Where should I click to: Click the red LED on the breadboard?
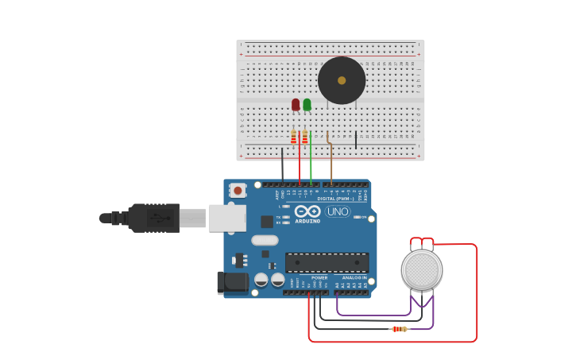point(296,104)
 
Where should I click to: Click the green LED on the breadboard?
point(307,104)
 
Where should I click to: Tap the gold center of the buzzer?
point(342,80)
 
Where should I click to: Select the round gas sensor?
point(421,270)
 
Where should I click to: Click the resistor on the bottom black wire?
point(399,329)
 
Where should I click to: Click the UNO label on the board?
point(338,211)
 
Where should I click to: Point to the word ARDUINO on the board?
point(307,221)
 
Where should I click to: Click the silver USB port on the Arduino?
point(226,218)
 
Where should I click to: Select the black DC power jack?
point(231,282)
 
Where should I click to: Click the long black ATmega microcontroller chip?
point(327,262)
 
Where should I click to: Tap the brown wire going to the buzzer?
point(331,163)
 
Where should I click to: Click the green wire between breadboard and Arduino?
point(311,163)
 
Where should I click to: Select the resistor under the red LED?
point(293,137)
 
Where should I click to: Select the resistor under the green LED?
point(304,137)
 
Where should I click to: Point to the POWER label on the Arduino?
point(319,277)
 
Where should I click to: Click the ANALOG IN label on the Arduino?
point(354,277)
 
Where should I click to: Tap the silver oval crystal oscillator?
point(265,240)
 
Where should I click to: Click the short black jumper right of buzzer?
point(356,140)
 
